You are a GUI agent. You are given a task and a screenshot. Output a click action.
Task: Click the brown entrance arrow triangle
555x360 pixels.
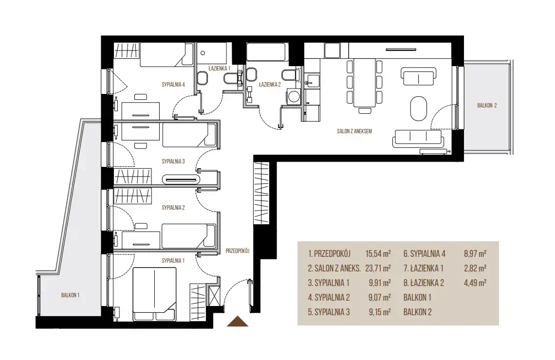pyautogui.click(x=237, y=321)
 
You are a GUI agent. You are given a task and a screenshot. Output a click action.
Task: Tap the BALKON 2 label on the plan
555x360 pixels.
pyautogui.click(x=487, y=106)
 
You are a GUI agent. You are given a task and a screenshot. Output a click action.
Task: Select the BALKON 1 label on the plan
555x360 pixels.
pyautogui.click(x=70, y=295)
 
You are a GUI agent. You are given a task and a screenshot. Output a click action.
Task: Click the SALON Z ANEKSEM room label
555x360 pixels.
pyautogui.click(x=354, y=131)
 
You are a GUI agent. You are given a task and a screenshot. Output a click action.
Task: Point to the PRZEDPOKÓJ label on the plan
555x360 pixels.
pyautogui.click(x=238, y=251)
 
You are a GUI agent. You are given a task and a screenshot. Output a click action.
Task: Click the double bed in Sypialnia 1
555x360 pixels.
pyautogui.click(x=154, y=294)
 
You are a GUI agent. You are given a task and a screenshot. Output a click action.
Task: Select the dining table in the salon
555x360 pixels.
pyautogui.click(x=365, y=83)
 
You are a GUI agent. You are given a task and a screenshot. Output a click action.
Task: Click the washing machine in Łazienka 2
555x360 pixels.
pyautogui.click(x=293, y=96)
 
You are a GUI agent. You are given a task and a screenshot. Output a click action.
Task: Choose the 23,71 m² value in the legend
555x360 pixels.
pyautogui.click(x=378, y=269)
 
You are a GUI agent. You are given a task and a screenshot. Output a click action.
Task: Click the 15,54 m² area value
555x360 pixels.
pyautogui.click(x=378, y=253)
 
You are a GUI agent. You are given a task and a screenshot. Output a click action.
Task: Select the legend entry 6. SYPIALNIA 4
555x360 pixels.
pyautogui.click(x=425, y=253)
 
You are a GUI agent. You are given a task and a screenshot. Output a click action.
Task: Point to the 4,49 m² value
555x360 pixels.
pyautogui.click(x=475, y=283)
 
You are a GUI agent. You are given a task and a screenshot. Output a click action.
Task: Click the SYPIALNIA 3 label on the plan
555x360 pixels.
pyautogui.click(x=173, y=162)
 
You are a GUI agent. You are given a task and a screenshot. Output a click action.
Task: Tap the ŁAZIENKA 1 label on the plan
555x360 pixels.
pyautogui.click(x=220, y=68)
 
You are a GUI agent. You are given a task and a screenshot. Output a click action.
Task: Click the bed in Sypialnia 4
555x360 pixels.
pyautogui.click(x=166, y=55)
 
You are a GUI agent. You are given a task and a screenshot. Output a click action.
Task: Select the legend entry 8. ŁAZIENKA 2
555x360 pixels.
pyautogui.click(x=424, y=283)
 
